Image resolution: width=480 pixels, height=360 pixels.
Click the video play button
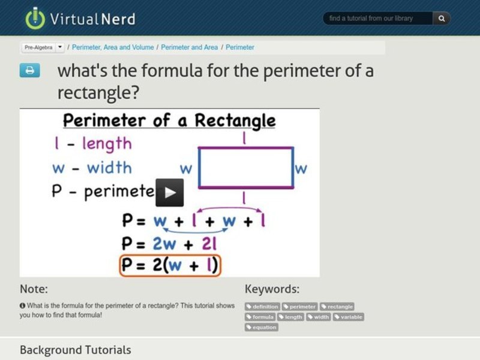pyautogui.click(x=170, y=193)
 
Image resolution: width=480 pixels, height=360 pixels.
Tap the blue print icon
pyautogui.click(x=29, y=70)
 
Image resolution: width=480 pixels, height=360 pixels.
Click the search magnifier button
pyautogui.click(x=442, y=19)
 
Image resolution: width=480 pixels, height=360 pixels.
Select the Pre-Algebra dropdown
pyautogui.click(x=44, y=47)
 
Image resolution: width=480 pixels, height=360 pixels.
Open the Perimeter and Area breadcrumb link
pyautogui.click(x=190, y=47)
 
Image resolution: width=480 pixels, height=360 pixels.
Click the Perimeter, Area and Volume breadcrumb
pyautogui.click(x=113, y=47)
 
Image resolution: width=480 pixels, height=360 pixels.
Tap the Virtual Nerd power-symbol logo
pyautogui.click(x=35, y=18)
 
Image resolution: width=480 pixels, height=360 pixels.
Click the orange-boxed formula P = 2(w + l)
pyautogui.click(x=170, y=265)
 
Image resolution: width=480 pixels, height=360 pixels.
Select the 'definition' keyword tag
pyautogui.click(x=263, y=307)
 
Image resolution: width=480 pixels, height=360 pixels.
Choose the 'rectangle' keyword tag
pyautogui.click(x=337, y=307)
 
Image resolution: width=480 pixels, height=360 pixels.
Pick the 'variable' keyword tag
pyautogui.click(x=349, y=317)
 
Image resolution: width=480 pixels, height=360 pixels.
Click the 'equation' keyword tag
pyautogui.click(x=262, y=327)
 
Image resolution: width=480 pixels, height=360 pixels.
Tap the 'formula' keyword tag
pyautogui.click(x=260, y=317)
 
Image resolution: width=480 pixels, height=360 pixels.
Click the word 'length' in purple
pyautogui.click(x=107, y=143)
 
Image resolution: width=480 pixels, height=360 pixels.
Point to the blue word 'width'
pyautogui.click(x=109, y=167)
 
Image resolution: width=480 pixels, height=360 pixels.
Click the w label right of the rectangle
pyautogui.click(x=300, y=168)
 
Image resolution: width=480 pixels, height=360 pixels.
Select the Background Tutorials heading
pyautogui.click(x=75, y=350)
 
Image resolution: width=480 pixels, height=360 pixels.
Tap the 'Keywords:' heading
pyautogui.click(x=272, y=289)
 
